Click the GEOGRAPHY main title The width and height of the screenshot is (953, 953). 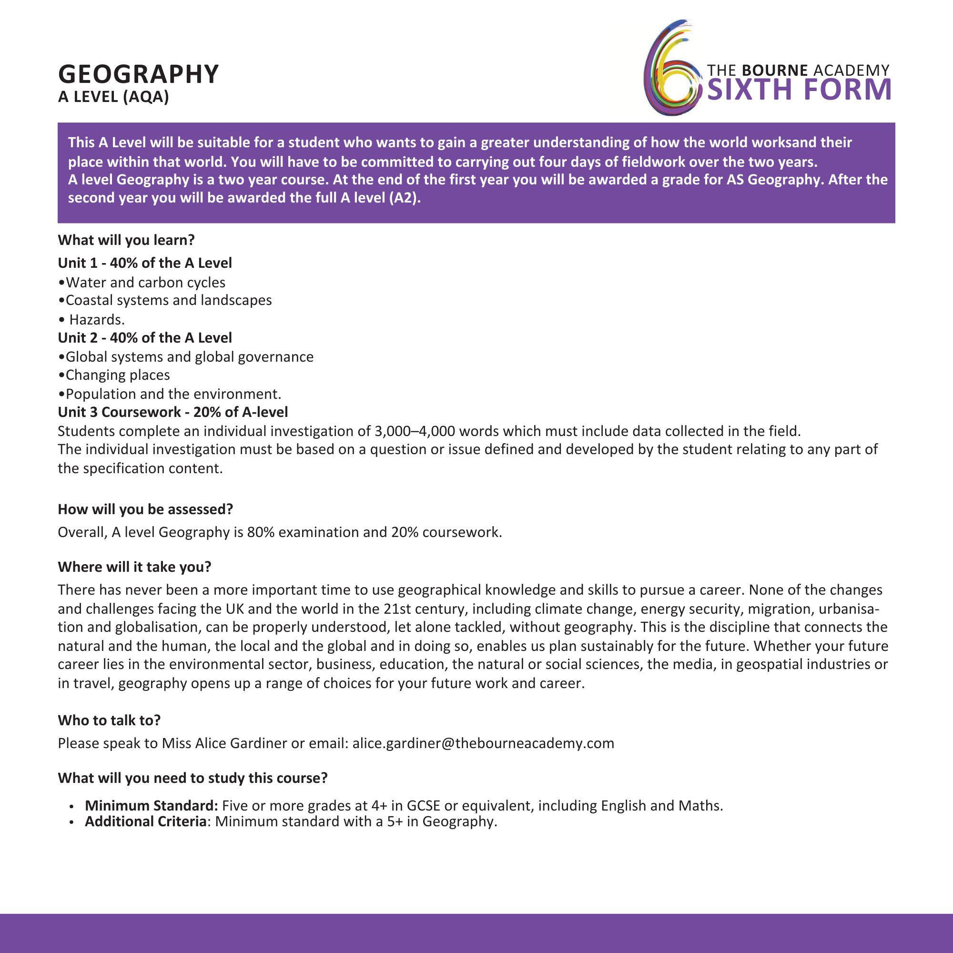[x=138, y=74]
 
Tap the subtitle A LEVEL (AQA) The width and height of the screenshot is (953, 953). [x=113, y=97]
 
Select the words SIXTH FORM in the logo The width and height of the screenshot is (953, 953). [x=799, y=90]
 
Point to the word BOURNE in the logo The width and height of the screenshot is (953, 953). [x=774, y=70]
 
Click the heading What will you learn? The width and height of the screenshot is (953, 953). [x=126, y=240]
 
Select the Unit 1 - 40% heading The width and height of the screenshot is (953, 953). [x=144, y=263]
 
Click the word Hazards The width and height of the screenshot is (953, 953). [x=97, y=320]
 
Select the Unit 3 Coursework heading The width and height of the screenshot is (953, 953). [x=172, y=412]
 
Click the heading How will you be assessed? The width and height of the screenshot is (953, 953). [x=145, y=509]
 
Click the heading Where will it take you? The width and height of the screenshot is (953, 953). [x=134, y=567]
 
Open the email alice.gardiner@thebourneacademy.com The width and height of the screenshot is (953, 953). [x=483, y=743]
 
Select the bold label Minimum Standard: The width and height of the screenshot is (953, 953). [x=152, y=805]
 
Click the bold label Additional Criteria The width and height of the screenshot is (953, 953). [x=145, y=821]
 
